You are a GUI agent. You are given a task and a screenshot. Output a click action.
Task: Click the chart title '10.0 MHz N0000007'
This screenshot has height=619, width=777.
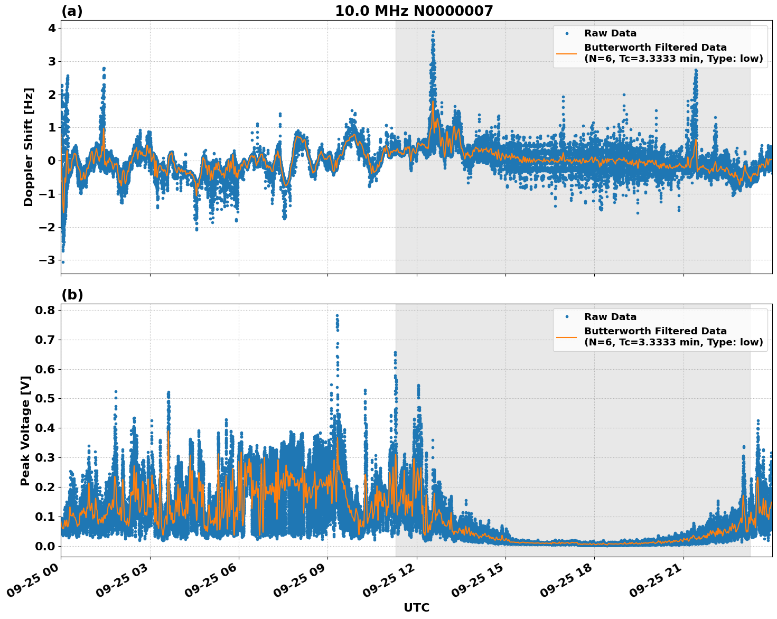tap(414, 11)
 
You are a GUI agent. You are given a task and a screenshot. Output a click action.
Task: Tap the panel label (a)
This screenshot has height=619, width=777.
tap(72, 11)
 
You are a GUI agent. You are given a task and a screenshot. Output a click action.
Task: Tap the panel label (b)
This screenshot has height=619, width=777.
tap(72, 295)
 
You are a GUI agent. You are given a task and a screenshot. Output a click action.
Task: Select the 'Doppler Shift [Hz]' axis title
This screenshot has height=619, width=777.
tap(29, 147)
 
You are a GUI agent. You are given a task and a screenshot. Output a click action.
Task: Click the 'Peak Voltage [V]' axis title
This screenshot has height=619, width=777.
tap(25, 430)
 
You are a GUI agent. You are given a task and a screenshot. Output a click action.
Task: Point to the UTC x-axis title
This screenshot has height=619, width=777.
tap(416, 607)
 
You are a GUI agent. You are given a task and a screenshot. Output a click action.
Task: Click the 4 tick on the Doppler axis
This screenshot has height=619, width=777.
tap(52, 28)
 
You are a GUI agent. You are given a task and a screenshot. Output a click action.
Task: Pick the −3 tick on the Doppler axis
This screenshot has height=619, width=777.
tap(47, 260)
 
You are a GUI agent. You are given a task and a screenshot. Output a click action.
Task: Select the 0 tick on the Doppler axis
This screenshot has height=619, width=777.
tap(52, 161)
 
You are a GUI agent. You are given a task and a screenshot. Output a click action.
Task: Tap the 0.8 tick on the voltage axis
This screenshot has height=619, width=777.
tap(45, 309)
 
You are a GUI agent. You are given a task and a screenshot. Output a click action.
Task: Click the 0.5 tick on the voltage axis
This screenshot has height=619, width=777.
tap(45, 398)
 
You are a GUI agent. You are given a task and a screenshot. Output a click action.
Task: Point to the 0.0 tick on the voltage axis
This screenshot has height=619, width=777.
tap(45, 546)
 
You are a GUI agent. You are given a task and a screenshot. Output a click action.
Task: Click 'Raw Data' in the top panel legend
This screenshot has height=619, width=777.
tap(610, 33)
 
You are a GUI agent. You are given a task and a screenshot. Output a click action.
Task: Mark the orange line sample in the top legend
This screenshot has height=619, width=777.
tap(566, 53)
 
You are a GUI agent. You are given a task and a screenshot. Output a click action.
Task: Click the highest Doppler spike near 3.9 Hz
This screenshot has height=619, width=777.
tap(433, 32)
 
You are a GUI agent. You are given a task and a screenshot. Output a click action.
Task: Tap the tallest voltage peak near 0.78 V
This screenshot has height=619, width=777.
tap(337, 316)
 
